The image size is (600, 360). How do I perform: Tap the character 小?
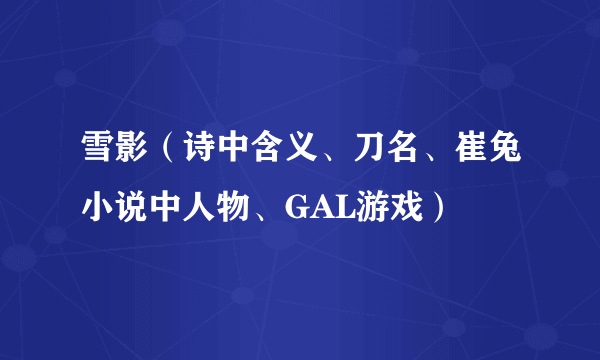(x=97, y=207)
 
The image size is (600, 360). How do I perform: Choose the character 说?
(x=133, y=207)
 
